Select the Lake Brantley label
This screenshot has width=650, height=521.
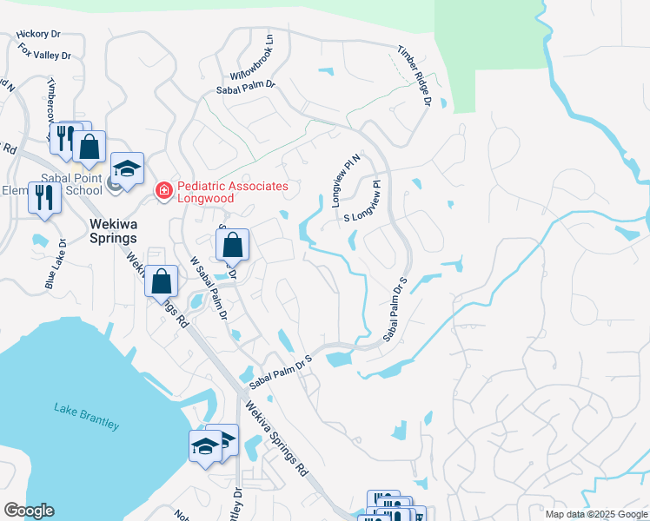point(86,415)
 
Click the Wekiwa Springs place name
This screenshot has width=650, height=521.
point(114,230)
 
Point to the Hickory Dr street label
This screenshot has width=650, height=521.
point(38,35)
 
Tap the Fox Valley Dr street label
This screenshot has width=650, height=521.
point(44,51)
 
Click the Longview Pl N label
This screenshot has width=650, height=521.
point(346,177)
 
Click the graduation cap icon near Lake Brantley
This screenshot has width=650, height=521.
point(206,445)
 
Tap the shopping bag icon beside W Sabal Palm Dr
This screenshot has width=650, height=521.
point(161,280)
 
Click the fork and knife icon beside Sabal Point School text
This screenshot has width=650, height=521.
point(43,197)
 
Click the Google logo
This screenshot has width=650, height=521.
point(29,511)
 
